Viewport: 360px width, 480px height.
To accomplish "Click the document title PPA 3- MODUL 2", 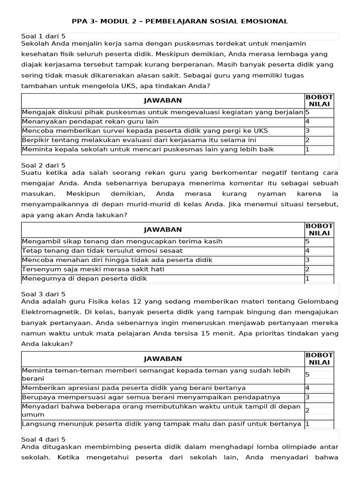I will [180, 22].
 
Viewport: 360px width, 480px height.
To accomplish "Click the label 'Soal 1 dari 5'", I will [44, 37].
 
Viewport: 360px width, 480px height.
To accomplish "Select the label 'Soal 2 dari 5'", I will [44, 165].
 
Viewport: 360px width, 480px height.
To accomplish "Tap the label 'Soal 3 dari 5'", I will [44, 294].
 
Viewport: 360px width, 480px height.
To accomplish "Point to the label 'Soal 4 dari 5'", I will [44, 439].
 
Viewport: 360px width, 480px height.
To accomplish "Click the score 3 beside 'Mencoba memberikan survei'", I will [307, 131].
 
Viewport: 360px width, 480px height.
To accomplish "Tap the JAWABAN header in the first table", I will [163, 100].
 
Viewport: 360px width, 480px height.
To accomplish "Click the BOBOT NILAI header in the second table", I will [319, 230].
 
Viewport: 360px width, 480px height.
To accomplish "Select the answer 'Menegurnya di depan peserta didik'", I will [84, 278].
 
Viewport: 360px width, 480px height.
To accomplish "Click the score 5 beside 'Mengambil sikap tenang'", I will [307, 241].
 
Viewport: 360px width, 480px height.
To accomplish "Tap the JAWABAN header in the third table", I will [163, 359].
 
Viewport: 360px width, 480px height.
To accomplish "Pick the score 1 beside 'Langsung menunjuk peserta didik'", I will [307, 424].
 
